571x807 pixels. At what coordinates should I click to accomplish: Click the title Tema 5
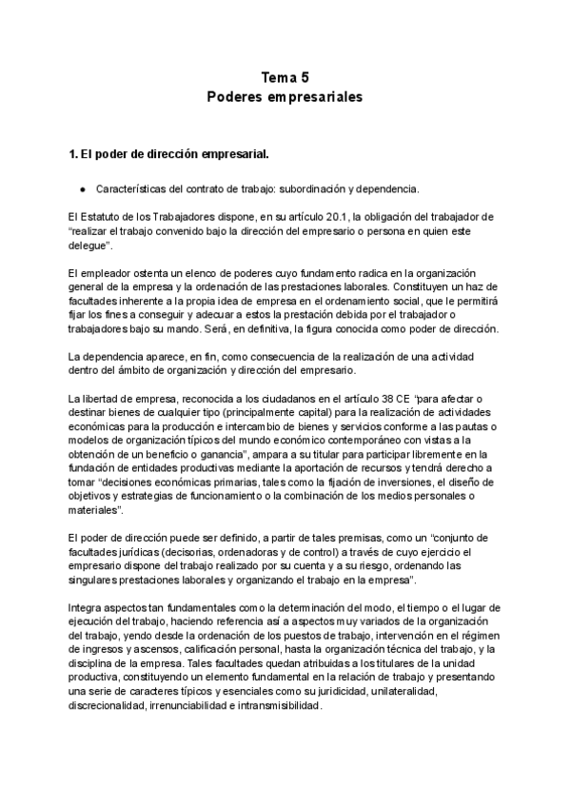coord(285,78)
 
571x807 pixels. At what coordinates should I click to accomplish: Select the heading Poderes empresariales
coord(285,97)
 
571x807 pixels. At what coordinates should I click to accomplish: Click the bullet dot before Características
coord(84,188)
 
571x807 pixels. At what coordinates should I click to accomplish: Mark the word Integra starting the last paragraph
coord(85,608)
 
